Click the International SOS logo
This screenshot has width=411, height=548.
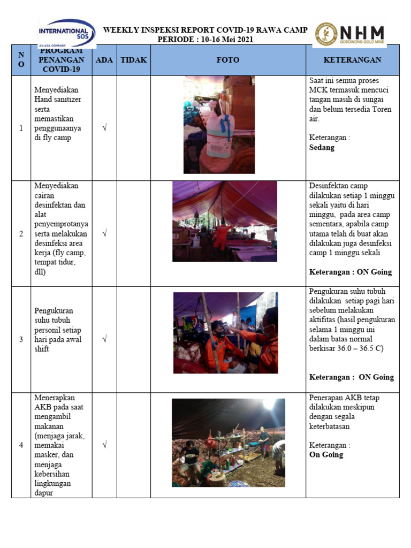pyautogui.click(x=66, y=33)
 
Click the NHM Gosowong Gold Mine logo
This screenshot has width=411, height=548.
pyautogui.click(x=351, y=34)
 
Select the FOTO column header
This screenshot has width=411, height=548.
pyautogui.click(x=228, y=60)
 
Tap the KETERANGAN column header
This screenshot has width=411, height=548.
pyautogui.click(x=352, y=60)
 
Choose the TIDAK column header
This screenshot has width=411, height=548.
pyautogui.click(x=133, y=60)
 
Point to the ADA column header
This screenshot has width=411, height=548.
pyautogui.click(x=104, y=60)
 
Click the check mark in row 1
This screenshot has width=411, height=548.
pyautogui.click(x=104, y=128)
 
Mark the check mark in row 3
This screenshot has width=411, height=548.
pyautogui.click(x=104, y=339)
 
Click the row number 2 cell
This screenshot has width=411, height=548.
pyautogui.click(x=21, y=234)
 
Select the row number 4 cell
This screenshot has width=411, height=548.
pyautogui.click(x=21, y=445)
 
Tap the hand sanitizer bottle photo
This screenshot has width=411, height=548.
pyautogui.click(x=219, y=125)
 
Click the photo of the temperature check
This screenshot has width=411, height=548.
pyautogui.click(x=225, y=333)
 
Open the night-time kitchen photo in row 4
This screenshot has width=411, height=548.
pyautogui.click(x=228, y=443)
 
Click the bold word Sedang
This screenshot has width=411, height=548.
pyautogui.click(x=322, y=147)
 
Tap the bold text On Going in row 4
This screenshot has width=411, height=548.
pyautogui.click(x=326, y=454)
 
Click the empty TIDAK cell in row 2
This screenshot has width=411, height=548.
pyautogui.click(x=133, y=234)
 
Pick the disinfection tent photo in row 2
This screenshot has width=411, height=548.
pyautogui.click(x=224, y=221)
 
